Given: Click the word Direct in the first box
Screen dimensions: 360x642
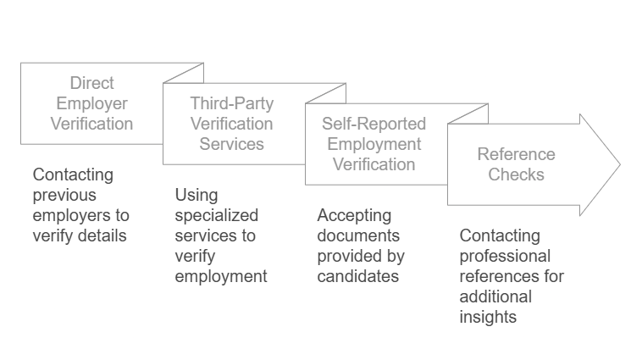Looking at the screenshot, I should [91, 83].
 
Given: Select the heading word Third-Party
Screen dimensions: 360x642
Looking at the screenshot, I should [231, 103].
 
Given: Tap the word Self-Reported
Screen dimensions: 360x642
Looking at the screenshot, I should [374, 124].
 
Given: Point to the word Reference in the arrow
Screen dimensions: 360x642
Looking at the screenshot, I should [516, 154].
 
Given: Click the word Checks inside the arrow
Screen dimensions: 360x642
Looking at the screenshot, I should [516, 174].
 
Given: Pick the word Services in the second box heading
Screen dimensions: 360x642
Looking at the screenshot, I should [231, 144].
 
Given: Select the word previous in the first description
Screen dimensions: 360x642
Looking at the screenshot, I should [64, 195].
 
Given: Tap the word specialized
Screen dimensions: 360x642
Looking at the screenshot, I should [216, 215].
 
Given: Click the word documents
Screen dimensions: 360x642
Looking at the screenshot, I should [358, 235].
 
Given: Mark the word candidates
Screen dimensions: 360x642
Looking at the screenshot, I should [357, 276].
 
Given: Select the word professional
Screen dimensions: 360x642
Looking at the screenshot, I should [505, 256].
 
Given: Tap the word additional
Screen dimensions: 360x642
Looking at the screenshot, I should [495, 296].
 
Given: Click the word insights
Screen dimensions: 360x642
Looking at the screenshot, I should [488, 317].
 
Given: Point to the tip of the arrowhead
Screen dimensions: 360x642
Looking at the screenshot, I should [619, 164].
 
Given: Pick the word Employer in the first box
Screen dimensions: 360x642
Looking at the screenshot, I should [91, 103].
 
